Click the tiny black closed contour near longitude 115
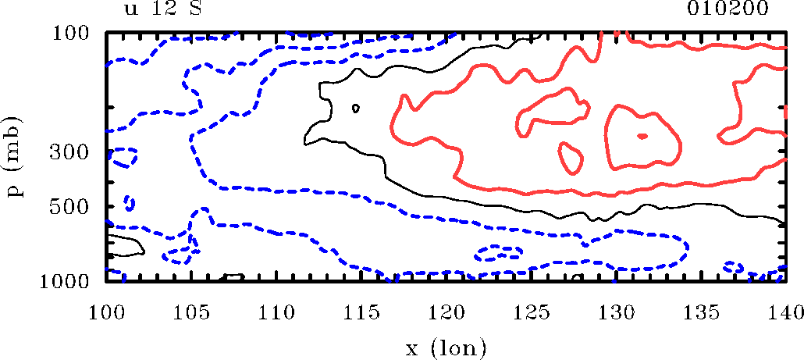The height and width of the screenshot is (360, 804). (x=356, y=108)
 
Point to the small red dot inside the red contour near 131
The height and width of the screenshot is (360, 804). (x=642, y=136)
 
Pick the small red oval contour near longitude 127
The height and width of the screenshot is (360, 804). (x=571, y=158)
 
